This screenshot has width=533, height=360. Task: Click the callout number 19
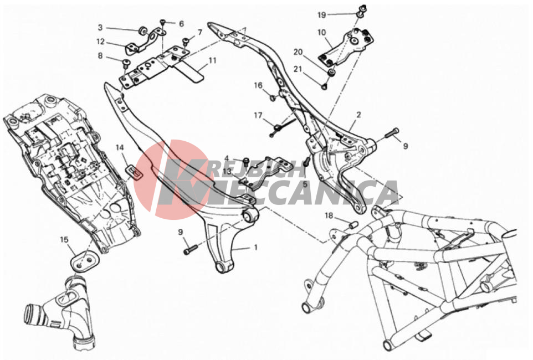[321, 14]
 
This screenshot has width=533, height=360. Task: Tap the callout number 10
[321, 33]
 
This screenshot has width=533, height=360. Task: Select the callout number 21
[298, 69]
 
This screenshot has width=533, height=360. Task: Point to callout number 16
[258, 85]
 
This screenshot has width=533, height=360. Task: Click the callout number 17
[258, 115]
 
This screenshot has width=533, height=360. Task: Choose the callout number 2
[358, 115]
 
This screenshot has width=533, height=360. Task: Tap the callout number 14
[120, 147]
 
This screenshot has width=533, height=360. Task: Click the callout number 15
[64, 240]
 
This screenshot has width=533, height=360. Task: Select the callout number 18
[329, 215]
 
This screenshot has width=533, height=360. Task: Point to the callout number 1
[255, 247]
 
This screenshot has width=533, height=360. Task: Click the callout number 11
[212, 60]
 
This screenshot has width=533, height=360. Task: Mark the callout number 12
[101, 42]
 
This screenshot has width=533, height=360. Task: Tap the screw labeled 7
[186, 42]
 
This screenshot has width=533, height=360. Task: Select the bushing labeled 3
[142, 31]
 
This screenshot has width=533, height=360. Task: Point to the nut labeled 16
[273, 98]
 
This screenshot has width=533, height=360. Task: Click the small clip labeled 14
[135, 172]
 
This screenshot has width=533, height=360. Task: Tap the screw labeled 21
[324, 87]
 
